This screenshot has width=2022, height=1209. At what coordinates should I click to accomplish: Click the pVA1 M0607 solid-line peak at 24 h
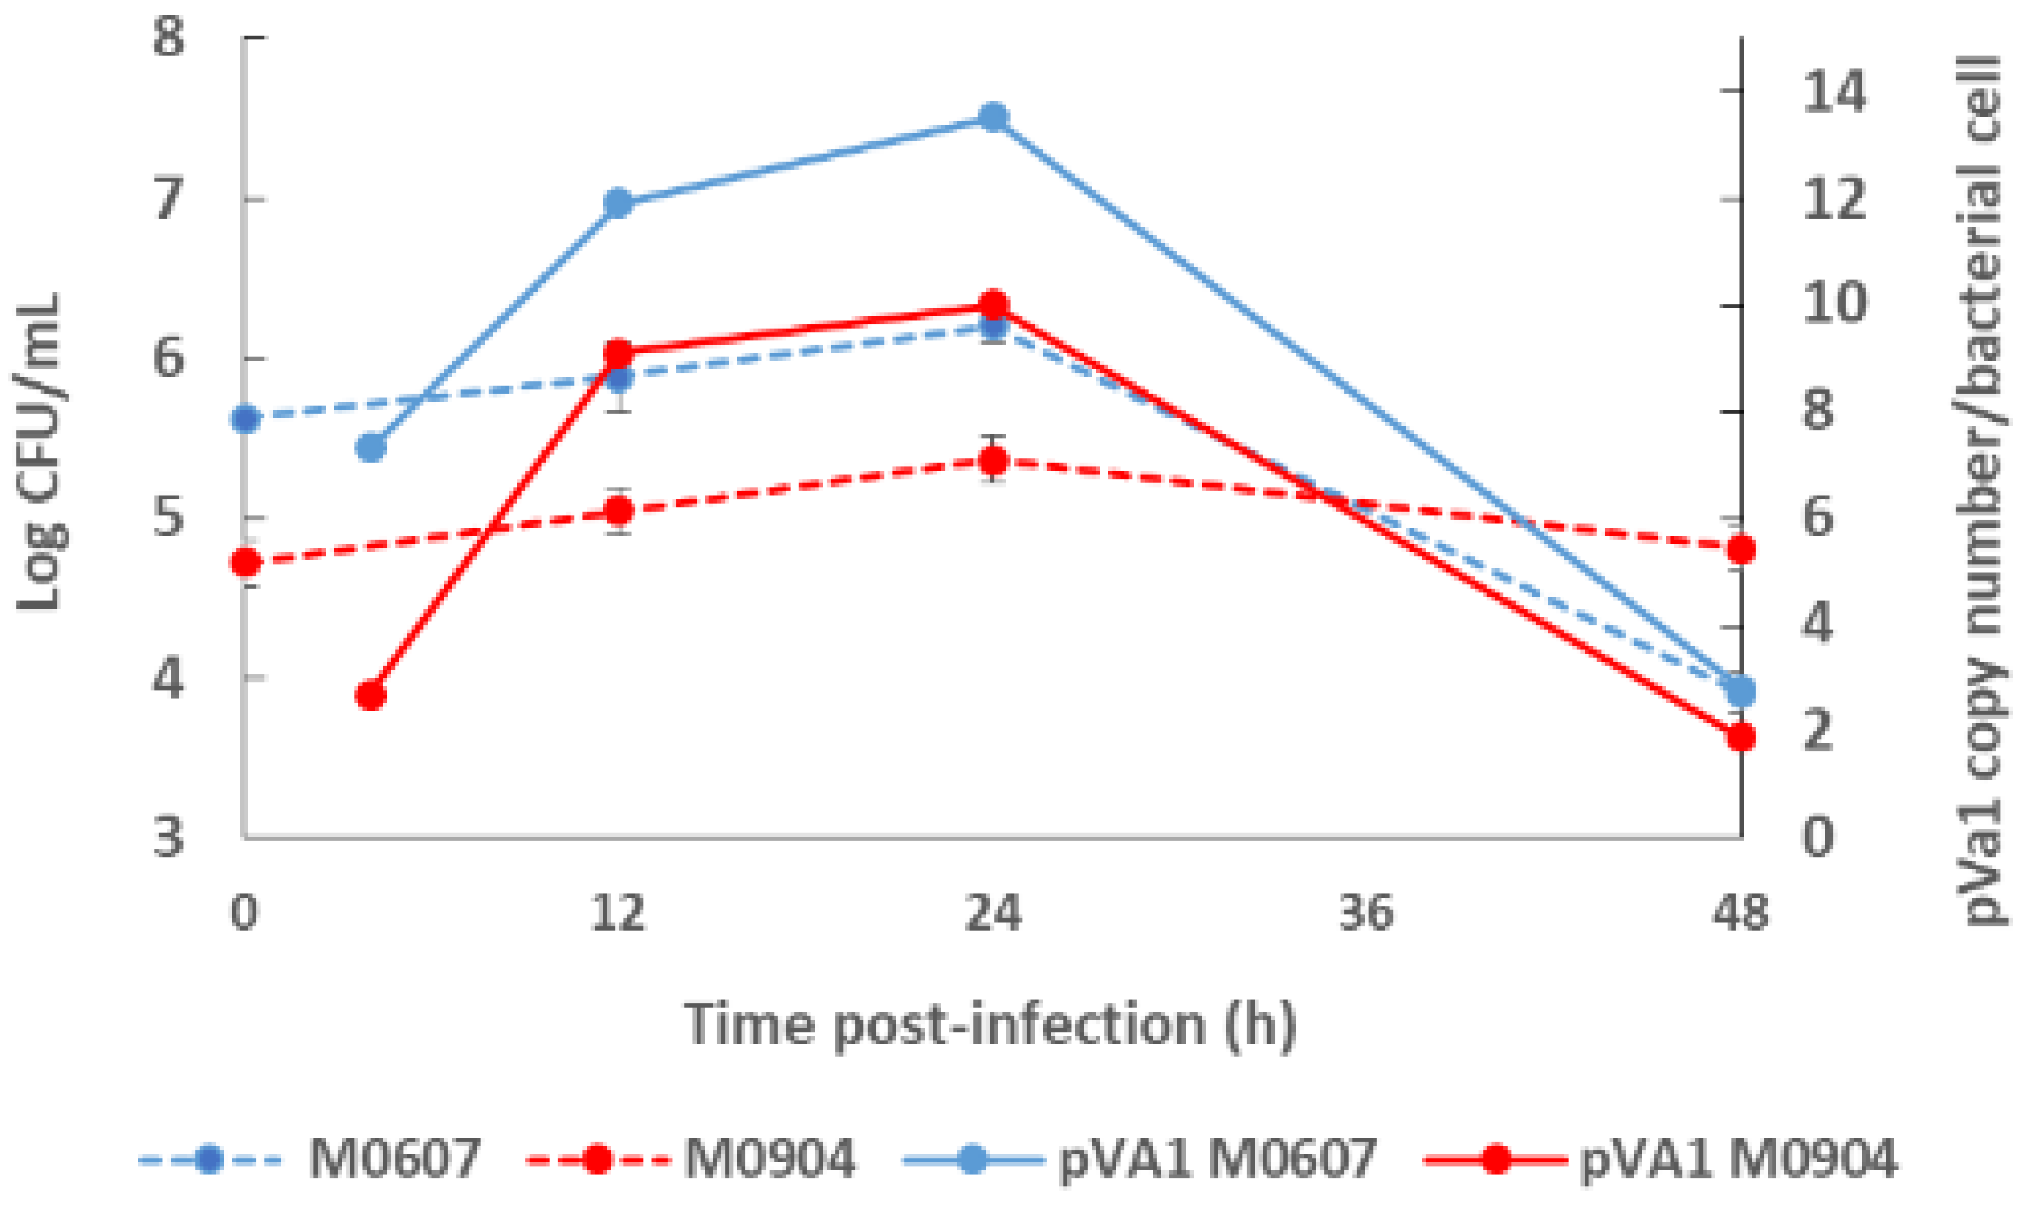(x=992, y=117)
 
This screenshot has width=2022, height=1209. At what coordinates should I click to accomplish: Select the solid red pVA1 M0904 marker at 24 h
(x=992, y=305)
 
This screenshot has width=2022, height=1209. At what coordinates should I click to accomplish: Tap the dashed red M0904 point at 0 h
(x=245, y=562)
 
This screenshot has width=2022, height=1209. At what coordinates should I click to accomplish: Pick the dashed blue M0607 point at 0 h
(x=245, y=420)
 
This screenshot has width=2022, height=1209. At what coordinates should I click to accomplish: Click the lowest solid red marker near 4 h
(x=371, y=696)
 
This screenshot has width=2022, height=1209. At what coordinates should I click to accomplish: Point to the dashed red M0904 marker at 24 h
(x=992, y=461)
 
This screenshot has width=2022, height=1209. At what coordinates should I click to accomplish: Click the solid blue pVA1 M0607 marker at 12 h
(x=619, y=203)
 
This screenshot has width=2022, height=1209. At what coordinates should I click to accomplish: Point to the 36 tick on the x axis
(x=1366, y=913)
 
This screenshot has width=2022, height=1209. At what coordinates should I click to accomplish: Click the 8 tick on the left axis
(x=168, y=37)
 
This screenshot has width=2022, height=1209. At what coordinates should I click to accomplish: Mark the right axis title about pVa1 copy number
(x=1983, y=489)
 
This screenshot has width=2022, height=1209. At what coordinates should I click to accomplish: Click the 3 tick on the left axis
(x=168, y=837)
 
